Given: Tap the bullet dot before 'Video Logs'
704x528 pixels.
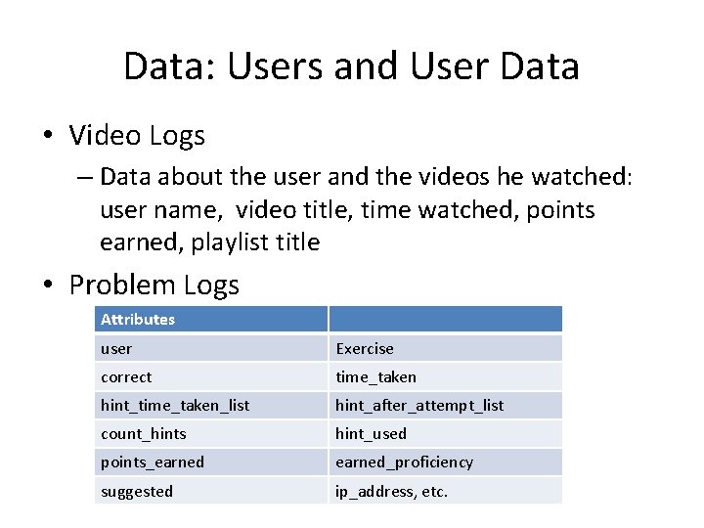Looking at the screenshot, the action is click(x=48, y=136).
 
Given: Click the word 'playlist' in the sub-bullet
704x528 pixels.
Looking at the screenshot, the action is click(x=226, y=242).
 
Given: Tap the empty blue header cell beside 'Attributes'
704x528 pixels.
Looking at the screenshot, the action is click(x=445, y=319).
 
